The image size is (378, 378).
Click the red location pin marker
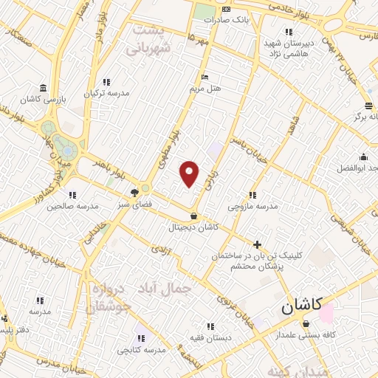[190, 174]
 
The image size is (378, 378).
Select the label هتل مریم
[205, 88]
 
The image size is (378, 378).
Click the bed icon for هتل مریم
[205, 77]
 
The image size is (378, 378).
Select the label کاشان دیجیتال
[193, 228]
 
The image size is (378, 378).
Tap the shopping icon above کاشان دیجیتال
[193, 216]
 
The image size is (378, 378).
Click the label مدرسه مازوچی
[252, 207]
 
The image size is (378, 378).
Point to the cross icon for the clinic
[257, 244]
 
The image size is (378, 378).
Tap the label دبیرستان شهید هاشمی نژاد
[289, 48]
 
